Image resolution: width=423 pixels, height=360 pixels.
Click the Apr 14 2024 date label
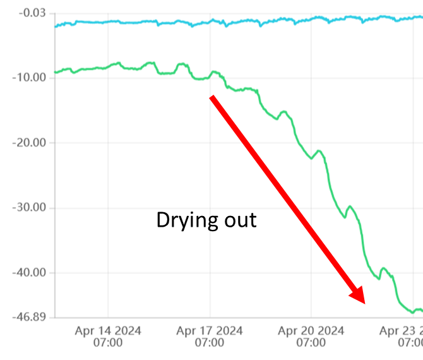pos(108,330)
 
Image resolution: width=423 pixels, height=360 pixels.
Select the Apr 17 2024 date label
pos(210,330)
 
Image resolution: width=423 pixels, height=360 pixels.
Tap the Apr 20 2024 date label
pos(311,330)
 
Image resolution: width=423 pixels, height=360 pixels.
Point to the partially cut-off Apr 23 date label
pos(401,330)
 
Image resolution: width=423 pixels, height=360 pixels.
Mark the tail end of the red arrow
pos(213,97)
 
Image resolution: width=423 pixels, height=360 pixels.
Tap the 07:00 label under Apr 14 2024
pos(108,342)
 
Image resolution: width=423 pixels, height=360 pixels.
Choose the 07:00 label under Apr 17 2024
pos(210,342)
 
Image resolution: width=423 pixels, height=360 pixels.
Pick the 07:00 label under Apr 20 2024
pos(311,342)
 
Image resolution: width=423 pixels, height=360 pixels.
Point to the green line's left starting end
pos(55,73)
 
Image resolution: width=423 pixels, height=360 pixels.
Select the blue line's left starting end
pos(55,27)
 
